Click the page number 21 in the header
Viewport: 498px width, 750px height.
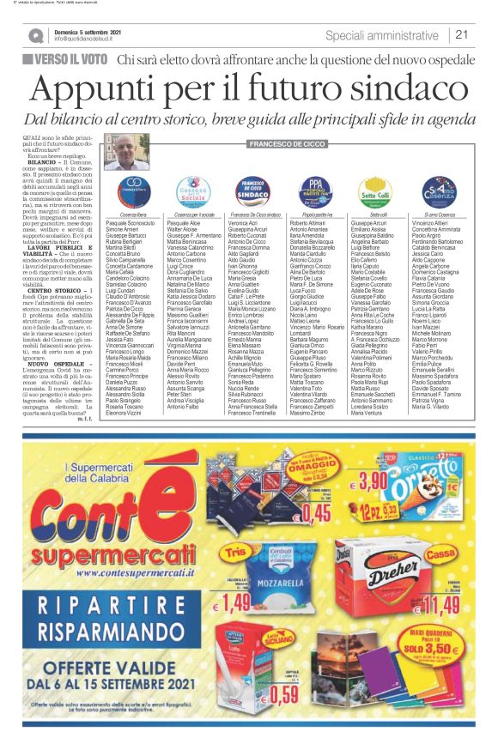click(x=461, y=34)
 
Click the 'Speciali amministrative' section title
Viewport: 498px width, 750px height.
click(x=385, y=35)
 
